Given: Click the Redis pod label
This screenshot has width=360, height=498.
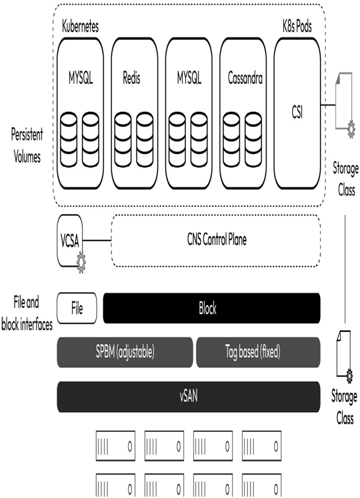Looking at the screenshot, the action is [x=131, y=78].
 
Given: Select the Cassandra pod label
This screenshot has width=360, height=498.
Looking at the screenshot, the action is [x=245, y=78].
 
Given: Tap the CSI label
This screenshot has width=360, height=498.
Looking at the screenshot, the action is [x=297, y=112].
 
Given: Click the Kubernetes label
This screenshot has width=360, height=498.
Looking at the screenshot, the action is [x=80, y=27].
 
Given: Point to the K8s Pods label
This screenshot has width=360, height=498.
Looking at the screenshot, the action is [x=297, y=27].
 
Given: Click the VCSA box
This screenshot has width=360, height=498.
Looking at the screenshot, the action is [x=70, y=241].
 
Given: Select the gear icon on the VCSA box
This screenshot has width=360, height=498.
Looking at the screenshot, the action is [x=81, y=263].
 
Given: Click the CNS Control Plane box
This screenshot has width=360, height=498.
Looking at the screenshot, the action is [x=216, y=241].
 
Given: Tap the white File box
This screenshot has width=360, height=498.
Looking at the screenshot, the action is [x=77, y=308].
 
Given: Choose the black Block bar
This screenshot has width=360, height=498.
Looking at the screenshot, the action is [x=211, y=308].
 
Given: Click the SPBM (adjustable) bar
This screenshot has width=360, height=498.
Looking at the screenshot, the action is [x=125, y=352].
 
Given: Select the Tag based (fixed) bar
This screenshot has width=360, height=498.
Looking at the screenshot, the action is [x=258, y=352].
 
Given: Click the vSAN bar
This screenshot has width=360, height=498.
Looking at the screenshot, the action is [x=189, y=397].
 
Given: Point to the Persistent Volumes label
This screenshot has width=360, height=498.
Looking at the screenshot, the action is [x=27, y=145].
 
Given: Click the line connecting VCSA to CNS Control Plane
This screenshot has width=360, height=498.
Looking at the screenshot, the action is [x=97, y=241].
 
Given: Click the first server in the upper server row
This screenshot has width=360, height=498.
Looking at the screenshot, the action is [x=115, y=446].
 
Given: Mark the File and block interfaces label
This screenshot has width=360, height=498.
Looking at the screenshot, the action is [x=27, y=313].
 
